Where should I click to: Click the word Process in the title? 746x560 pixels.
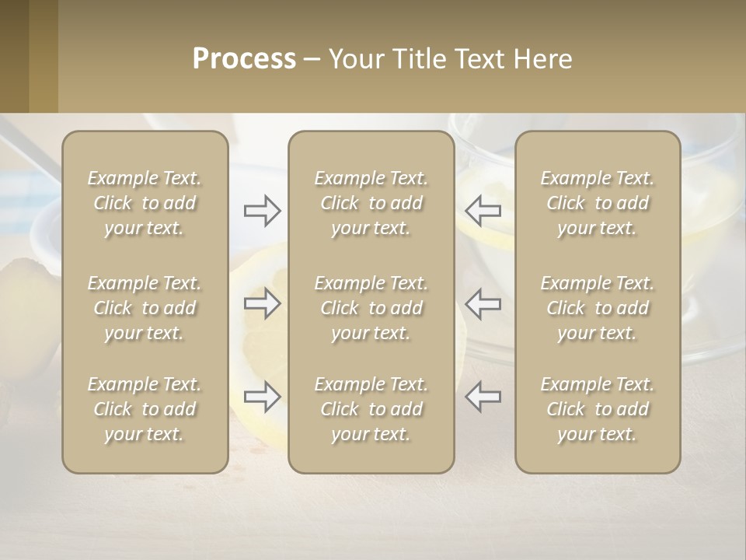tap(244, 59)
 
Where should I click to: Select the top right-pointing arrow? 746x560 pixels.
tap(263, 211)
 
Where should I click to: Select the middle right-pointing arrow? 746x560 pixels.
tap(263, 303)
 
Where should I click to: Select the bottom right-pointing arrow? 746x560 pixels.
tap(263, 397)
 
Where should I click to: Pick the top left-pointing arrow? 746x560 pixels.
tap(483, 211)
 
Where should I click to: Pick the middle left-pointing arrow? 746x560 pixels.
tap(483, 303)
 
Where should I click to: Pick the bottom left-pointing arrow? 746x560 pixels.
tap(483, 397)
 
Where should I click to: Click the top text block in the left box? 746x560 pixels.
tap(145, 203)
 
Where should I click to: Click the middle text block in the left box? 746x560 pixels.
tap(145, 308)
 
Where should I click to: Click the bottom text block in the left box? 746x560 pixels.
tap(145, 409)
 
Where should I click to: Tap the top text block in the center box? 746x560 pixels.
tap(371, 203)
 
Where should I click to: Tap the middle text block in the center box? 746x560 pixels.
tap(371, 308)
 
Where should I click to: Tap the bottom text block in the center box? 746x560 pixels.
tap(371, 409)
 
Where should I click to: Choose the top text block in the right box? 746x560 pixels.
tap(597, 203)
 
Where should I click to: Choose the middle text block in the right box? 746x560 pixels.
tap(597, 308)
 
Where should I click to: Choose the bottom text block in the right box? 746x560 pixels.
tap(597, 409)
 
